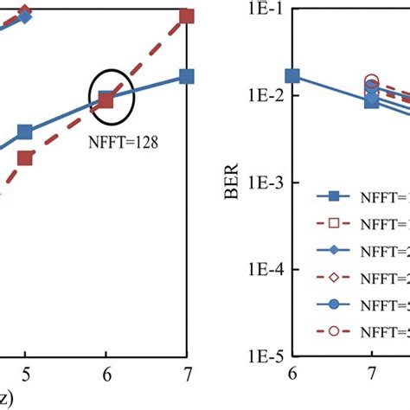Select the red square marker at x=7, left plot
click(x=187, y=16)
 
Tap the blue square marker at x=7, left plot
click(x=187, y=77)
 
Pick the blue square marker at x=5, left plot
click(x=25, y=132)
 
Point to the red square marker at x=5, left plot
click(x=25, y=157)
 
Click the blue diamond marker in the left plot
click(x=25, y=15)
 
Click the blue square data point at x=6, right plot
click(x=292, y=77)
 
